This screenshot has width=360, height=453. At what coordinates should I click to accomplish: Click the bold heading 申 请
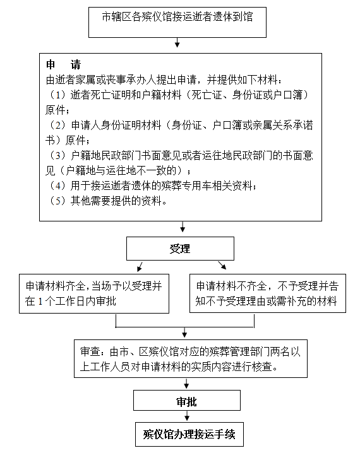pyautogui.click(x=63, y=64)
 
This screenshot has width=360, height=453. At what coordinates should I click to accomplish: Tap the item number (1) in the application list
pyautogui.click(x=58, y=95)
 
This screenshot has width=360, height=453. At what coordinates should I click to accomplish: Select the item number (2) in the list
pyautogui.click(x=58, y=125)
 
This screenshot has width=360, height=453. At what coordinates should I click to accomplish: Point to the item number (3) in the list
pyautogui.click(x=58, y=155)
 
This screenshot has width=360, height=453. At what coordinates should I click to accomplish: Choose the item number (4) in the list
pyautogui.click(x=58, y=185)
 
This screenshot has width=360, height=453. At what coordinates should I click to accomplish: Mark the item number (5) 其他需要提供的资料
pyautogui.click(x=58, y=201)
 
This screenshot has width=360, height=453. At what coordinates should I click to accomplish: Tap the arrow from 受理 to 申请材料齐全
pyautogui.click(x=140, y=267)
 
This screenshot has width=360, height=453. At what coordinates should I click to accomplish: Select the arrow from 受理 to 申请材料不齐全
pyautogui.click(x=222, y=266)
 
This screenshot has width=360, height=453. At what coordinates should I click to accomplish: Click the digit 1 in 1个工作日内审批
pyautogui.click(x=40, y=302)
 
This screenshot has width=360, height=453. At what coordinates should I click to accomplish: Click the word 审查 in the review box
pyautogui.click(x=90, y=351)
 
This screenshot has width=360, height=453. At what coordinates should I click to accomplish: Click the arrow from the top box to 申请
pyautogui.click(x=177, y=42)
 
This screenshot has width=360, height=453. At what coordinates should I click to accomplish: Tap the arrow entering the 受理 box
pyautogui.click(x=183, y=226)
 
